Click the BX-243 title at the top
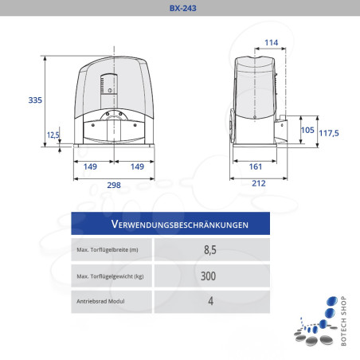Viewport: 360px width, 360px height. (179, 9)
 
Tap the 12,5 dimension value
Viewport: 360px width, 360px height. (53, 135)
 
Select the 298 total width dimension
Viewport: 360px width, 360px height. (114, 185)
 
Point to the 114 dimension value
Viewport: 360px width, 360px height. (271, 42)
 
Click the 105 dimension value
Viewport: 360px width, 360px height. (307, 130)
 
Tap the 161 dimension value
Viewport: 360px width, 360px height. (255, 166)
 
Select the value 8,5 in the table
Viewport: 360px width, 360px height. (210, 250)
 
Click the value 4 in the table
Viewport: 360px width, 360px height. (210, 301)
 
